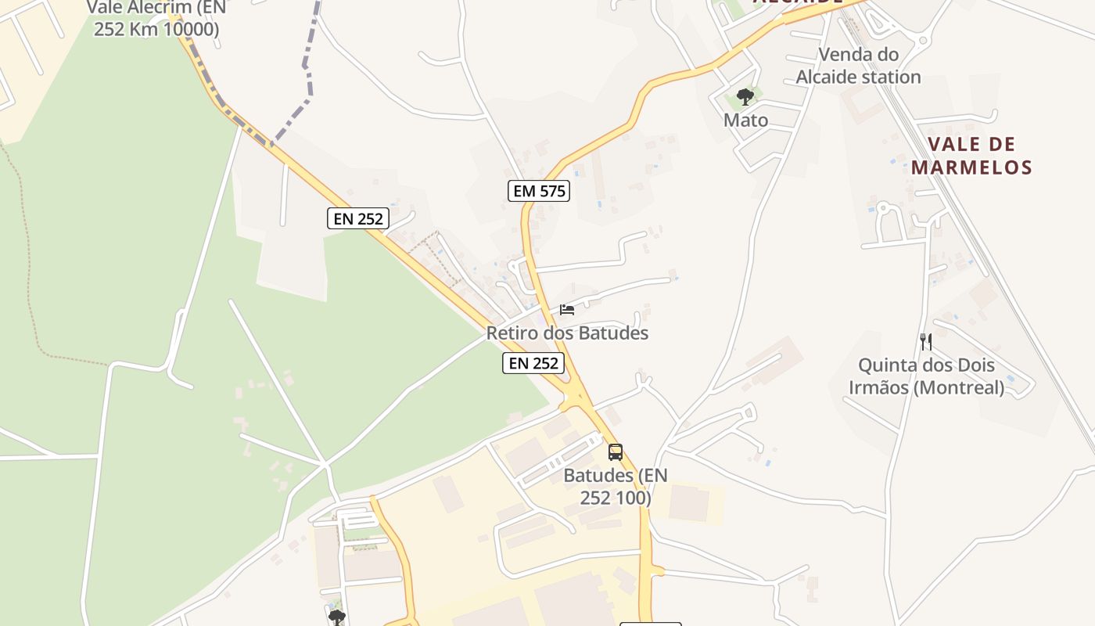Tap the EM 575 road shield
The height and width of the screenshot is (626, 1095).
[x=538, y=191]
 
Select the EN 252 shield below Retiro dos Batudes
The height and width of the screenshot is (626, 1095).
[x=533, y=363]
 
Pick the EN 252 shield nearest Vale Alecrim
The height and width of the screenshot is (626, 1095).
[x=358, y=219]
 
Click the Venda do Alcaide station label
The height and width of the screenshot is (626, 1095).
[x=858, y=66]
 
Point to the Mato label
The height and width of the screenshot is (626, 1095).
[x=745, y=121]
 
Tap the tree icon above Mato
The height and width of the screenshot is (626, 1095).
[x=745, y=97]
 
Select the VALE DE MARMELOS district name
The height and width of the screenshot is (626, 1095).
[x=971, y=156]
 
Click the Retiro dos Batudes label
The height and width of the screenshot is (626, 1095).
[x=567, y=333]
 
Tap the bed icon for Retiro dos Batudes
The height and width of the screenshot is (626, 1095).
[x=567, y=310]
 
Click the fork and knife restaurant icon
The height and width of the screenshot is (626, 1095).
[x=926, y=341]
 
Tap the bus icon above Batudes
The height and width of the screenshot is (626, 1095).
[x=616, y=452]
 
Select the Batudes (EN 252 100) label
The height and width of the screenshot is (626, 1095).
[x=616, y=487]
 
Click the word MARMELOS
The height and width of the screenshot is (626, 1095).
[x=971, y=167]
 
